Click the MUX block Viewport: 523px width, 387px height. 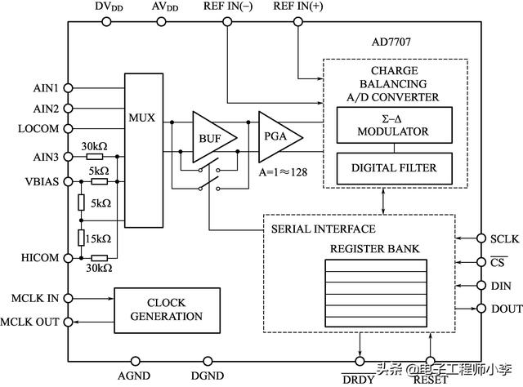click(144, 150)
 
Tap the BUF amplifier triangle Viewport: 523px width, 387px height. click(212, 137)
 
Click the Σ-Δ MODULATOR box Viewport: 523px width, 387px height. click(394, 125)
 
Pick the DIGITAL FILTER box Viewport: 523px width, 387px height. click(394, 168)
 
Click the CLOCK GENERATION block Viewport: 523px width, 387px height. click(167, 310)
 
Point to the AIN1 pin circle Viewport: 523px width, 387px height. click(68, 88)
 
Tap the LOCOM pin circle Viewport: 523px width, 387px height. click(68, 129)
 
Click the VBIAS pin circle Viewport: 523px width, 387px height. click(68, 182)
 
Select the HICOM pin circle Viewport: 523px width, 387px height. click(68, 258)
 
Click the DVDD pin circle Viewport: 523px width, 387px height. click(106, 22)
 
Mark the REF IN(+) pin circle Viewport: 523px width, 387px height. click(298, 22)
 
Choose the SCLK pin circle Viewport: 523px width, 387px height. click(481, 238)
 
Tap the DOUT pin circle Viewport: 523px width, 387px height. click(481, 309)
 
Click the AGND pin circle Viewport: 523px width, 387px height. click(135, 361)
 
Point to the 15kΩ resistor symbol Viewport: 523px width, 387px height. click(81, 238)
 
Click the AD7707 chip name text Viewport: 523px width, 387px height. click(391, 42)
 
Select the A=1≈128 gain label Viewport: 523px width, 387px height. click(283, 172)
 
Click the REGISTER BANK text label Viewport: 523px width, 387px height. click(374, 249)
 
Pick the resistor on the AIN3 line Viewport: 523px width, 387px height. click(95, 157)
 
